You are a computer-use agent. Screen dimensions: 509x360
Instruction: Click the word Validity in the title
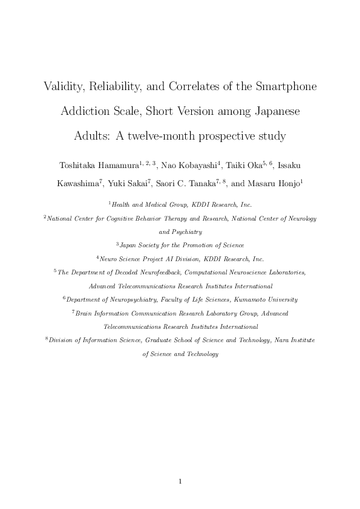click(x=63, y=86)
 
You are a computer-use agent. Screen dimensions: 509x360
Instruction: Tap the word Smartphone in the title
click(x=283, y=86)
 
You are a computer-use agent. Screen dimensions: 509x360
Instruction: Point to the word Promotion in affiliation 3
click(x=192, y=245)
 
